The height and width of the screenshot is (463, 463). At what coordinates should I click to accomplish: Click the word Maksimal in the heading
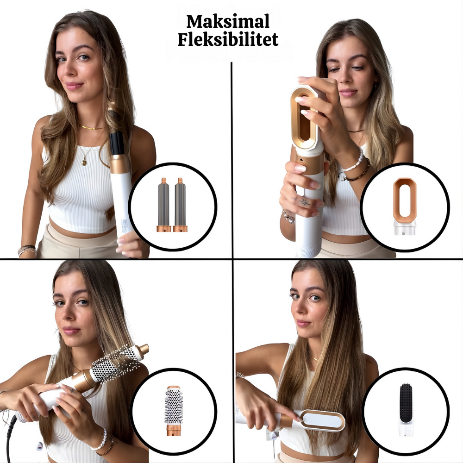click(x=228, y=22)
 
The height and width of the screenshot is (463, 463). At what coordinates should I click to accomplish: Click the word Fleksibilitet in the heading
click(x=228, y=39)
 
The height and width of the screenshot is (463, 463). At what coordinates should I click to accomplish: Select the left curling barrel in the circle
click(x=163, y=205)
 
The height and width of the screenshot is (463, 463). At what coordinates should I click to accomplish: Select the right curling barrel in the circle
click(x=180, y=205)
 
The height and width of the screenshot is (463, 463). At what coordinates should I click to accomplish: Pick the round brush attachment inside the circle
click(x=174, y=410)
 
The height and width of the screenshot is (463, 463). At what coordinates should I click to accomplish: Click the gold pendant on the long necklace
click(x=84, y=162)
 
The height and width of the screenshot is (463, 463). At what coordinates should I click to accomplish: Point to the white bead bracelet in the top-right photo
click(x=354, y=161)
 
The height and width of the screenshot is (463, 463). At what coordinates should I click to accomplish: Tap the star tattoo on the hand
click(x=304, y=202)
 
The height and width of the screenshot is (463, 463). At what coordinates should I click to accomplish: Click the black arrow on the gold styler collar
click(x=301, y=160)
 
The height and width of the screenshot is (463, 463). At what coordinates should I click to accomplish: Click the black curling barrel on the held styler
click(x=117, y=143)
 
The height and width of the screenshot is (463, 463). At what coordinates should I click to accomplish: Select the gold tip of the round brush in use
click(x=143, y=350)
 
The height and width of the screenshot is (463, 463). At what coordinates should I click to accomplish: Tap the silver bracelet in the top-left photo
click(x=27, y=250)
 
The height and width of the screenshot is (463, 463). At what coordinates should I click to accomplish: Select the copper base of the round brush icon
click(x=174, y=430)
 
